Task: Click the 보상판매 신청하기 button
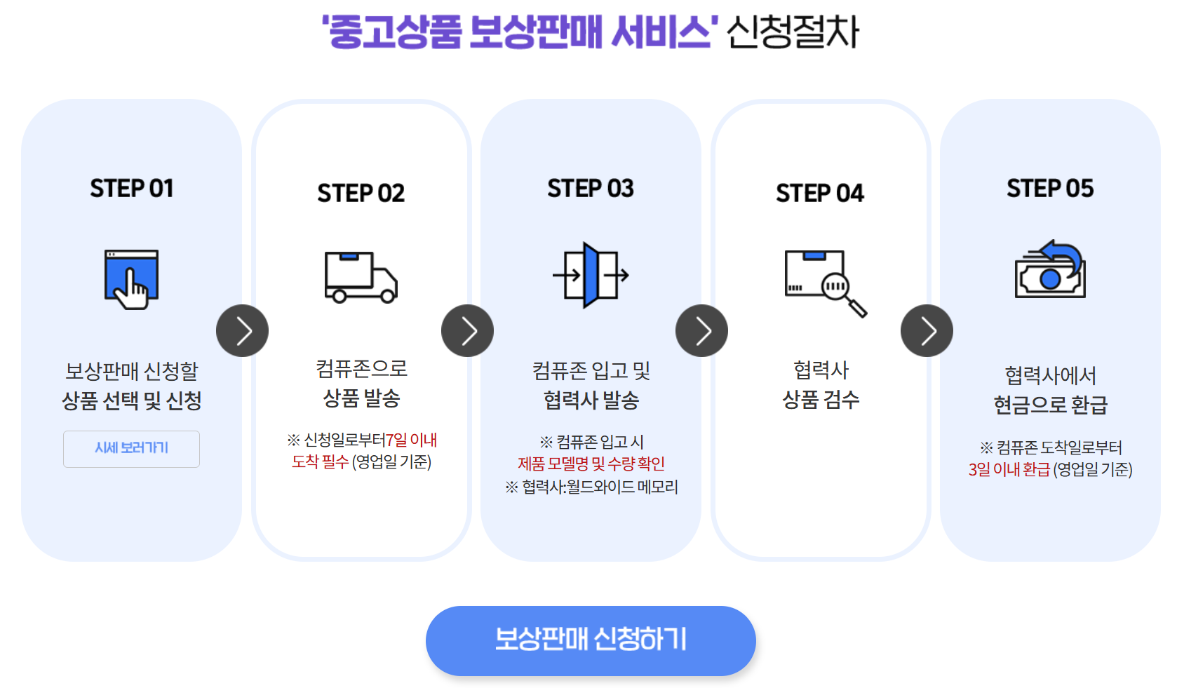coord(590,640)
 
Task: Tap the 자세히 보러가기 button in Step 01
coord(131,449)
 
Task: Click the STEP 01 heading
coord(131,189)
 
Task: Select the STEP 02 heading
coord(361,194)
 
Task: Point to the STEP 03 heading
coord(590,189)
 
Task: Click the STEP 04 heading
coord(819,194)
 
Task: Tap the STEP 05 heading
coord(1049,189)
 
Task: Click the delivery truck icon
coord(361,277)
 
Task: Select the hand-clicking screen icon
coord(131,278)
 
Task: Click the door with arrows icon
coord(591,276)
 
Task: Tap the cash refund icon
coord(1049,271)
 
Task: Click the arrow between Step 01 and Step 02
coord(242,331)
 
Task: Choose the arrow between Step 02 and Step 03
coord(467,331)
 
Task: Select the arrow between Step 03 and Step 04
coord(701,331)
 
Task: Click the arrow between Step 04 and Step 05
coord(927,331)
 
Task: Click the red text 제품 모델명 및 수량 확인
coord(591,464)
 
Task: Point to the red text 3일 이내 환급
coord(1009,469)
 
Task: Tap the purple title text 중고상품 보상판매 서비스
coord(520,32)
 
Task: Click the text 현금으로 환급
coord(1049,405)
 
